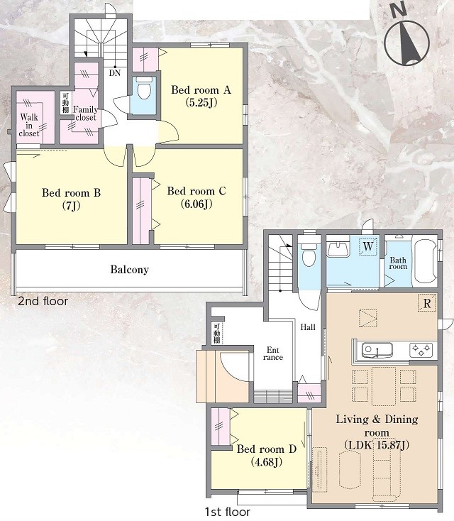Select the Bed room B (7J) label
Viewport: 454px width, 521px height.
coord(71,199)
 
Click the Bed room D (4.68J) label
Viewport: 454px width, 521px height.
coord(266,455)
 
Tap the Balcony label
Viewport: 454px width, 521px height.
coord(130,269)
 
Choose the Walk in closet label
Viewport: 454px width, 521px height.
coord(29,125)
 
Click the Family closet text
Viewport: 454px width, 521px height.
coord(85,114)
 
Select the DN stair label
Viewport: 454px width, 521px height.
coord(115,73)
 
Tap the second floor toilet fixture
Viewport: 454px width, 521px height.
coord(144,88)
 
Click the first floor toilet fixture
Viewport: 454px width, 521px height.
coord(309,256)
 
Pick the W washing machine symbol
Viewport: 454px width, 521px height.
coord(368,246)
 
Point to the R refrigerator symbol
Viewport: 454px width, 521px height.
coord(427,303)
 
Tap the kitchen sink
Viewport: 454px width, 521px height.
coord(377,350)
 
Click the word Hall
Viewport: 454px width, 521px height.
coord(308,327)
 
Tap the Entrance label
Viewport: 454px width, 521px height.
coord(273,353)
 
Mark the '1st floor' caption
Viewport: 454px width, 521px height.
coord(228,512)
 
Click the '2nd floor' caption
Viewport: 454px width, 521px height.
coord(43,301)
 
